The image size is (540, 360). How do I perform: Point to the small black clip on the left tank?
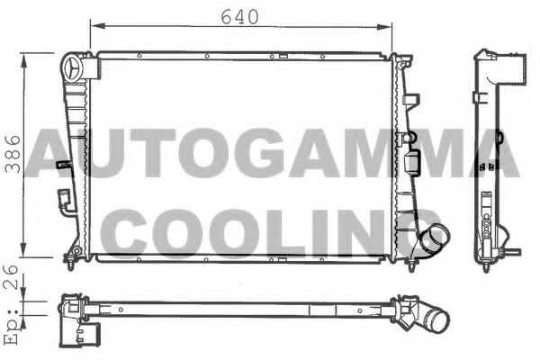click(62, 165)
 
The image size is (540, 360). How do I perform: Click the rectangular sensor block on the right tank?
click(415, 164)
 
